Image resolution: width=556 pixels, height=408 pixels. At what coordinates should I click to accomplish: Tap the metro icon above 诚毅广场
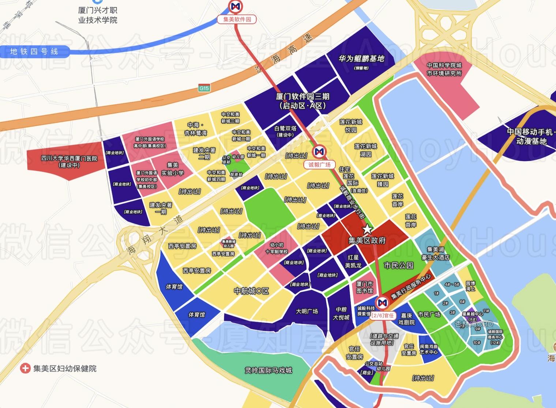coord(319,152)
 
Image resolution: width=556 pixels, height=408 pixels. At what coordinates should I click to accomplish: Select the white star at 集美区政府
coord(367,230)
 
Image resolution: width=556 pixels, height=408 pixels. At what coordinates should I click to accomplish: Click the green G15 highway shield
coord(204,88)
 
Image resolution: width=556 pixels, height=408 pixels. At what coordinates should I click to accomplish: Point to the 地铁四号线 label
coord(34,52)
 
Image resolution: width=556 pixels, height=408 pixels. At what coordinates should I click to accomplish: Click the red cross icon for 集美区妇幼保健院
coord(25,368)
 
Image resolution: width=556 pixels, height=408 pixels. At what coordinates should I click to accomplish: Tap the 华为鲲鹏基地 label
coord(361,59)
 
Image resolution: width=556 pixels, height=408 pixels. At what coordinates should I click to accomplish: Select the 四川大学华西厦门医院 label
coord(69,162)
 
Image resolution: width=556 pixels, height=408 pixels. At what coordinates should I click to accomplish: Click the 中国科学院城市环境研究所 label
coord(444,69)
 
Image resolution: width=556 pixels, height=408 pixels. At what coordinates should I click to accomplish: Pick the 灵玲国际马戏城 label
coord(268,370)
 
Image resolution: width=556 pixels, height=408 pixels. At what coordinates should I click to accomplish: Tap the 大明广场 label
coord(307,311)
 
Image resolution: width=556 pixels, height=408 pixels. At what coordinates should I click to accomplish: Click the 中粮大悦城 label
coord(341,314)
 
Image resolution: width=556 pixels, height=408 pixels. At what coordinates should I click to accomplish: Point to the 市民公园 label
coord(398,265)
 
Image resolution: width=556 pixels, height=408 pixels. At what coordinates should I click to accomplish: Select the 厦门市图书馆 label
coord(364,287)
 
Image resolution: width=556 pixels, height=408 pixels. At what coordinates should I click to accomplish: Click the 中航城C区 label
coord(251,291)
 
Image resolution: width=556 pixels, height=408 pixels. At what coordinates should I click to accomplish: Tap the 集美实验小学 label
coord(172,169)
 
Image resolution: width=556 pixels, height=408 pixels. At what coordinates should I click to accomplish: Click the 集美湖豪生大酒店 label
coord(435,253)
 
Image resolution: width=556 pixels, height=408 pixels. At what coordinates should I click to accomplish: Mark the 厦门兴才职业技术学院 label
coord(98,15)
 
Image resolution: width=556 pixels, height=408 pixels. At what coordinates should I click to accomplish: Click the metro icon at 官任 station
coord(383,303)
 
